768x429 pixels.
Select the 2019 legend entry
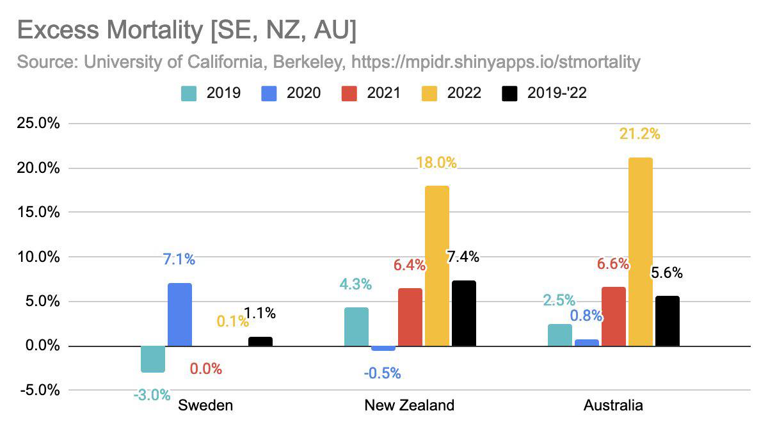211,93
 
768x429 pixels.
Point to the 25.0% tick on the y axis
38,124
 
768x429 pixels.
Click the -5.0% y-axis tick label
38,391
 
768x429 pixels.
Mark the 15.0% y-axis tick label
38,213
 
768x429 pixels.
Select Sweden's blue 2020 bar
180,314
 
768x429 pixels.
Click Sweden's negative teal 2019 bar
153,359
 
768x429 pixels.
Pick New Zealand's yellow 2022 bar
437,266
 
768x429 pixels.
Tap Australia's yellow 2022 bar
641,252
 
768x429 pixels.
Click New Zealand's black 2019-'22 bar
464,313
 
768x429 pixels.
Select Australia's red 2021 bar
614,316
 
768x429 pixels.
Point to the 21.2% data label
639,134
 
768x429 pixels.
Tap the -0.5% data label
382,373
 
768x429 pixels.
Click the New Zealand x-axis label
410,405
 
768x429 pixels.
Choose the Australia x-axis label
613,405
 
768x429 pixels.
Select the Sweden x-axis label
205,405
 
